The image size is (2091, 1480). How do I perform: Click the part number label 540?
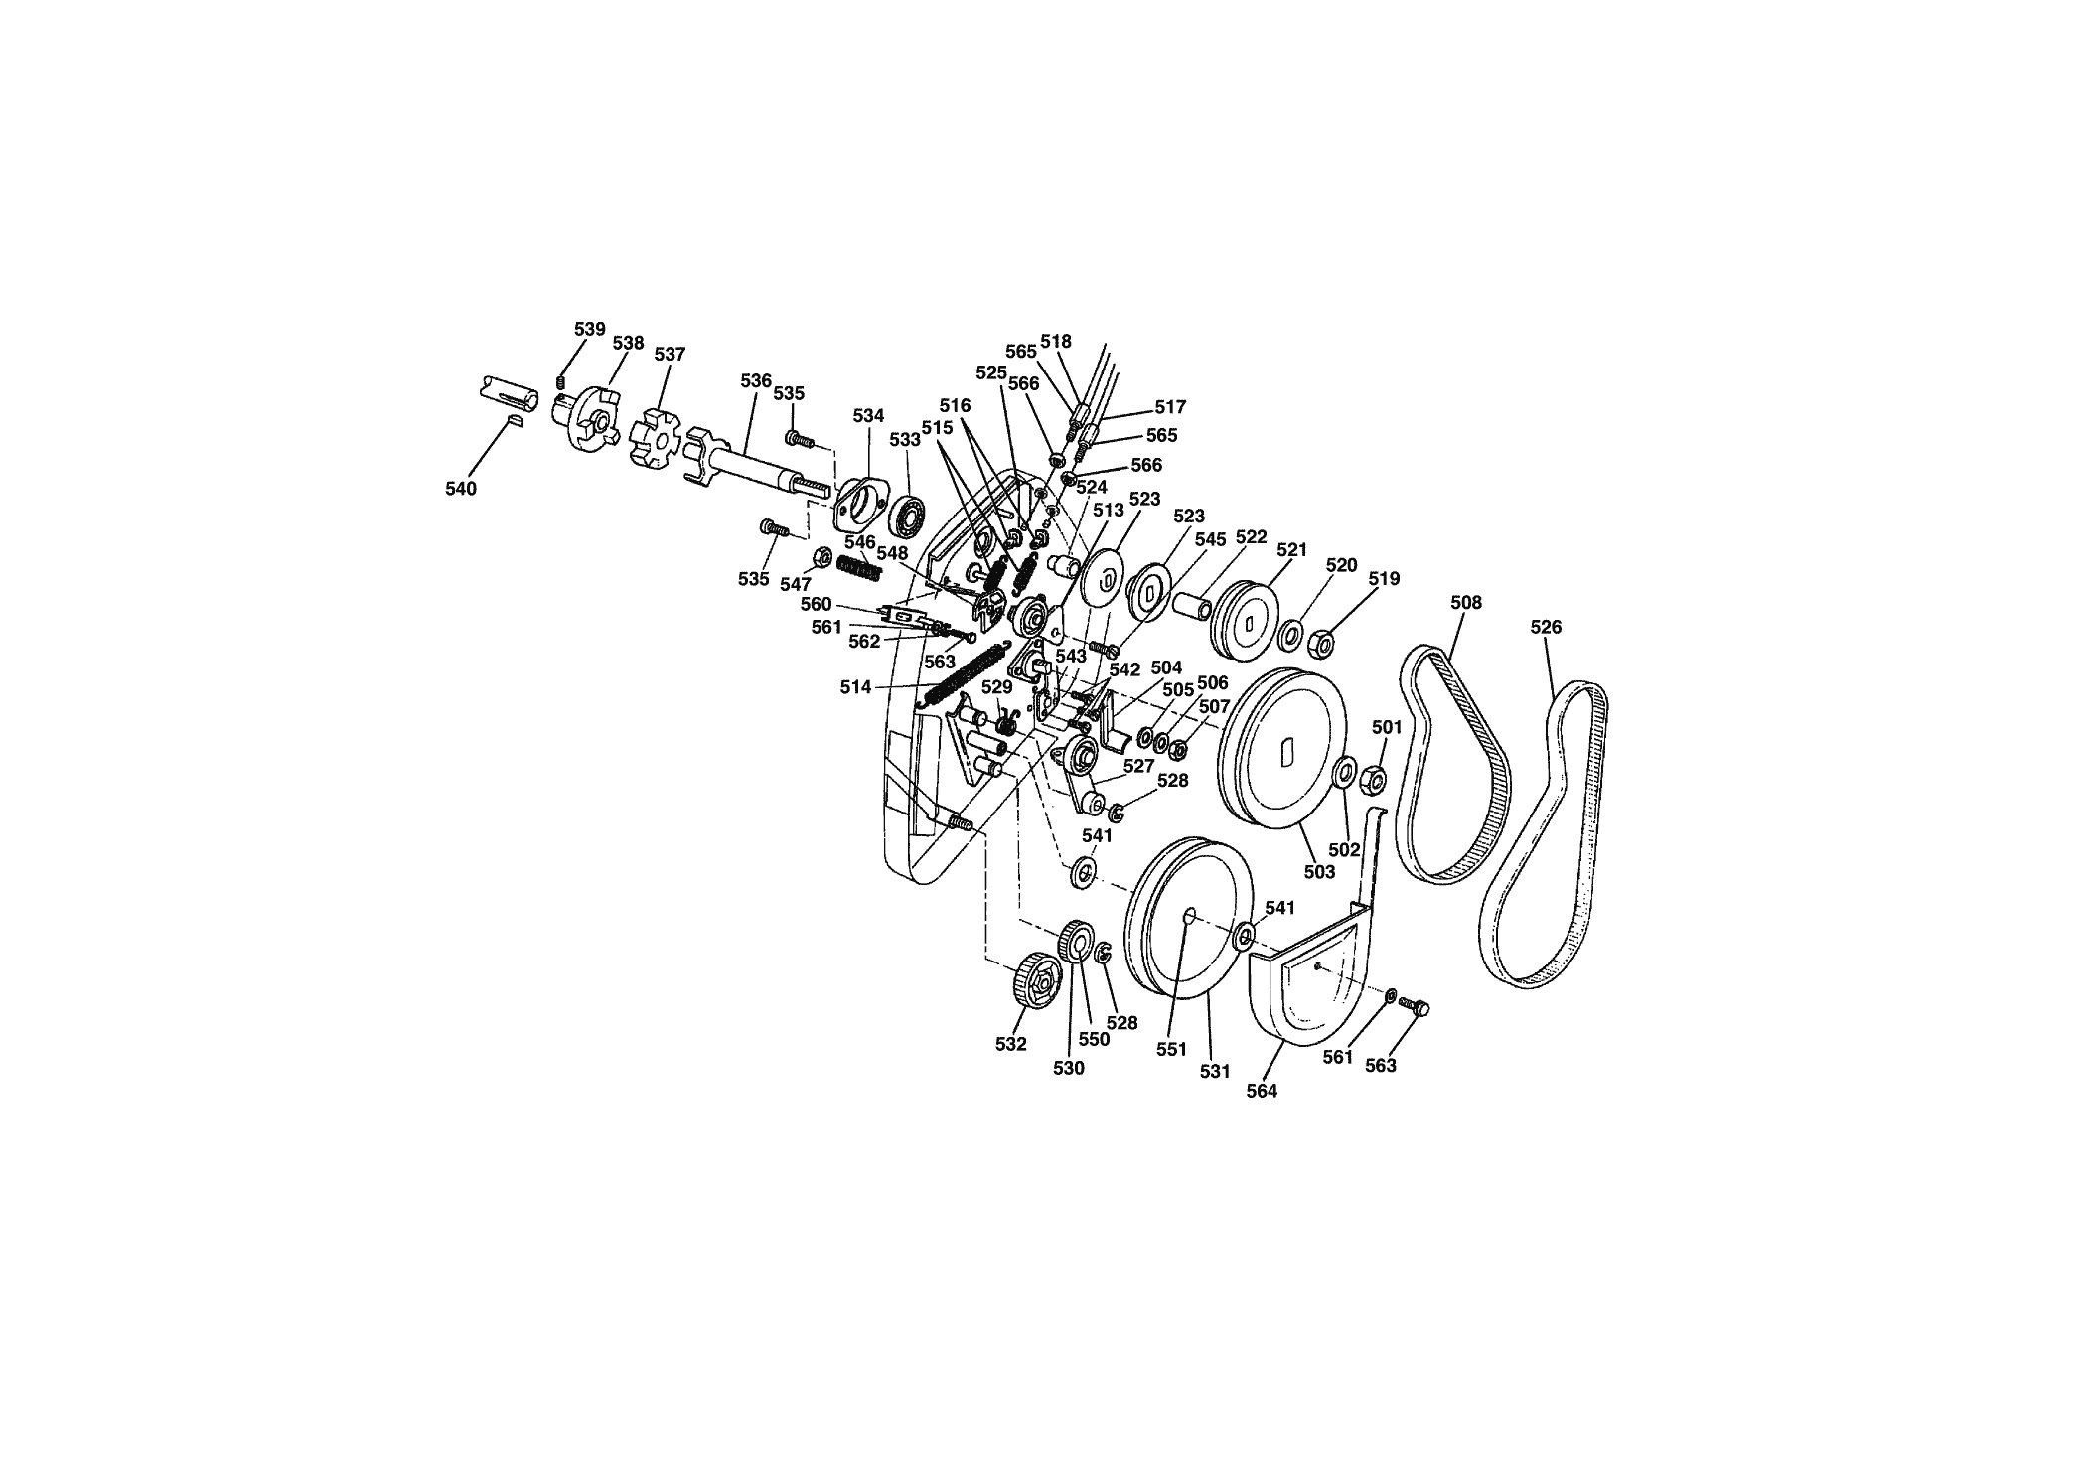click(461, 489)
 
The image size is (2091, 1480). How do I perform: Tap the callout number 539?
click(589, 329)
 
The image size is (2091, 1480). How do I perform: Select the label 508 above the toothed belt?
click(1466, 602)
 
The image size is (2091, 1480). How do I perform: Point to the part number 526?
click(1546, 627)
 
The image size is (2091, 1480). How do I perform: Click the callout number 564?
click(1262, 1091)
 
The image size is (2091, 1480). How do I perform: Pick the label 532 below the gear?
click(1011, 1044)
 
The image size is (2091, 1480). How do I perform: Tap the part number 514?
click(855, 687)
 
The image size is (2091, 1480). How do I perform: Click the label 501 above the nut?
click(1387, 727)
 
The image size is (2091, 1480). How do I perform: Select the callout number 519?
click(1384, 578)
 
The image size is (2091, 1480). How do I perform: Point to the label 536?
click(756, 380)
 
